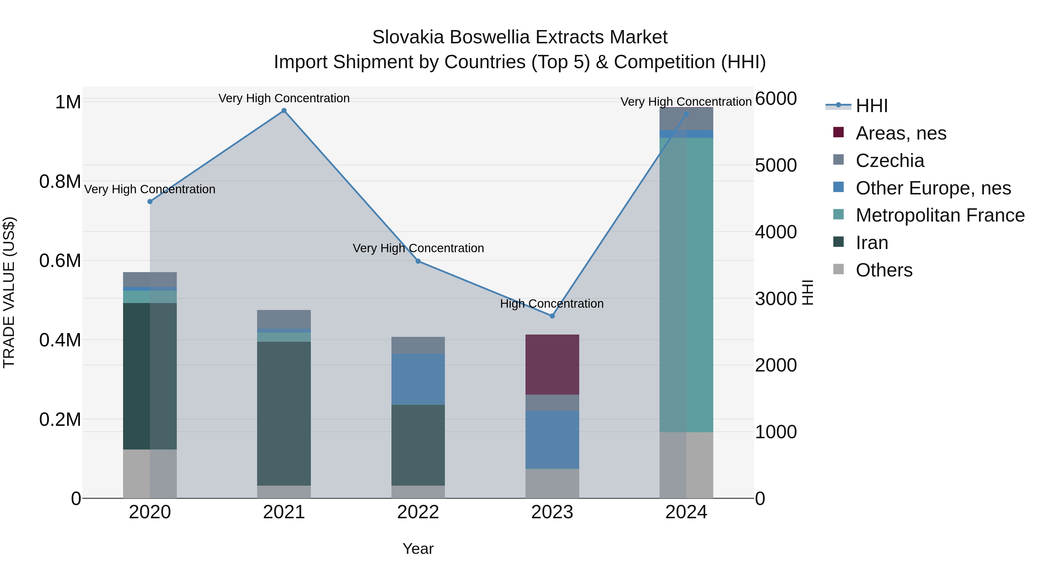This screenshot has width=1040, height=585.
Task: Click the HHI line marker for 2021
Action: point(284,111)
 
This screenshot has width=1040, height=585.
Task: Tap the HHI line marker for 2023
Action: point(552,316)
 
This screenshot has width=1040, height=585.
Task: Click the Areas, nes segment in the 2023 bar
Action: point(552,364)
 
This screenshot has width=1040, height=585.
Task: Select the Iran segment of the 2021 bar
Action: point(284,413)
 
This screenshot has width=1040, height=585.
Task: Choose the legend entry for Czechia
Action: point(889,161)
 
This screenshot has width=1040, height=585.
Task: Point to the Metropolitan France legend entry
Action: point(939,215)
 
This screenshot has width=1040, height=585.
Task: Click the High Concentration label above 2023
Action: point(551,304)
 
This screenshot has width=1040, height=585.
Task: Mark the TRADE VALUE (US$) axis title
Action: point(9,292)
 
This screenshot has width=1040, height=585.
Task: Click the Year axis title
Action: point(418,549)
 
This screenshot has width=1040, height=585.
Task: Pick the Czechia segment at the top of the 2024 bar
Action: point(686,119)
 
